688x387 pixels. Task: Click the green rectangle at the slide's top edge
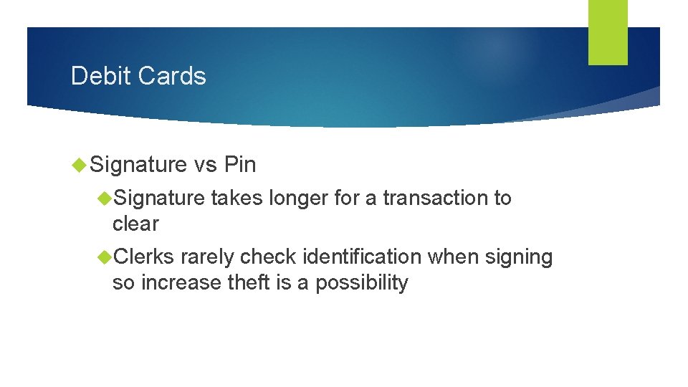[608, 32]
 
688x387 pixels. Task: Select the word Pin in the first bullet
[239, 166]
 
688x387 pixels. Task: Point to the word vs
[205, 166]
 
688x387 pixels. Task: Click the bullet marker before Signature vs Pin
[80, 166]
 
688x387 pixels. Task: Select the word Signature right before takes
[159, 199]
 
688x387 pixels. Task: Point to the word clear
[135, 224]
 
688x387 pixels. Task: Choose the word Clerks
[144, 257]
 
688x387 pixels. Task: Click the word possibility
[362, 283]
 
